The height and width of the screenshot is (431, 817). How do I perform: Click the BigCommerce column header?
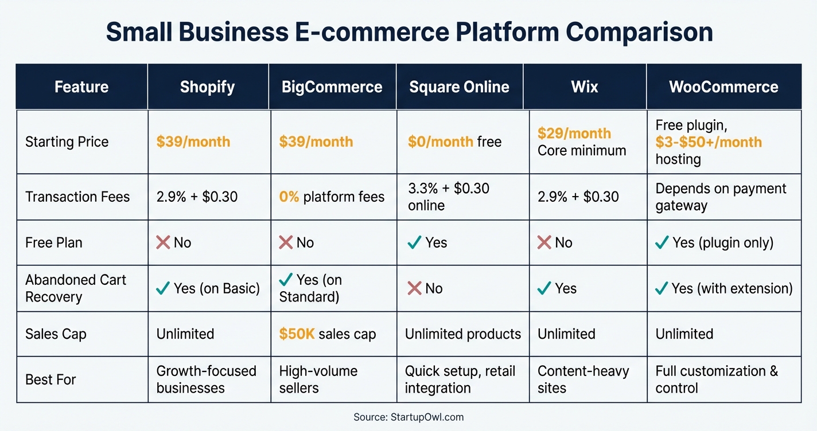332,87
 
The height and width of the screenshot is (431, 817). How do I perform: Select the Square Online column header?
459,87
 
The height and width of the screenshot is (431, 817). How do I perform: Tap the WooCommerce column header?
723,87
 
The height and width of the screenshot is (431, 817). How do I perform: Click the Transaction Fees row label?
77,197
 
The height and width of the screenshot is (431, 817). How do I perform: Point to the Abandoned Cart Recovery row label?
76,288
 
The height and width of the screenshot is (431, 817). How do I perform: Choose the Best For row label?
50,379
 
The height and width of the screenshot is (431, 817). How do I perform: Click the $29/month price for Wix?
574,134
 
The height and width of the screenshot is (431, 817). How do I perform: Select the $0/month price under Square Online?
441,142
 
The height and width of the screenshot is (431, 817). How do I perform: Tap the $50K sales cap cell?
327,334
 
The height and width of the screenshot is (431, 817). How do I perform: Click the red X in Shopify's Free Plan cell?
163,242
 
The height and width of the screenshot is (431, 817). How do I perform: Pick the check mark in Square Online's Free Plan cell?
414,242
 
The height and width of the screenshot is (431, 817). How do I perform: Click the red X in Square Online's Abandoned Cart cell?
414,288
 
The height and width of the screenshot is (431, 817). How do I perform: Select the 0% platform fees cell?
332,197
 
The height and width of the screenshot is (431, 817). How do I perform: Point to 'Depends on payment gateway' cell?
721,197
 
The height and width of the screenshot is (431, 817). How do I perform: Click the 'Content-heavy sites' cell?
583,379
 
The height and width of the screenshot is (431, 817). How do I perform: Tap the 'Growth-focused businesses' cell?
206,379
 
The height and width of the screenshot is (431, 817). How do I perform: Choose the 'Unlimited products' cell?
462,334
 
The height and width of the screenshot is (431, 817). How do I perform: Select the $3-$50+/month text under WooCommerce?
709,142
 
